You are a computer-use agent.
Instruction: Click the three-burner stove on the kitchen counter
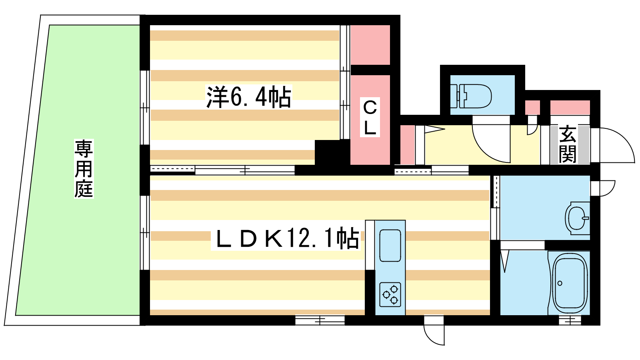(x=390, y=294)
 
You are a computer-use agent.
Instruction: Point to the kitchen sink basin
(x=390, y=246)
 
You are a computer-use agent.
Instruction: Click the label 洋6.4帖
(x=248, y=97)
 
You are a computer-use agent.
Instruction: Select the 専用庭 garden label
(x=84, y=168)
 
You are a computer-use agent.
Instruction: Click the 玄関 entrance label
(x=568, y=144)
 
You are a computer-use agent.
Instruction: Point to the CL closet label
(x=370, y=118)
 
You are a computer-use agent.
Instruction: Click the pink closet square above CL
(x=370, y=45)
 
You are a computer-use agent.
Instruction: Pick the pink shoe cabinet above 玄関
(x=570, y=108)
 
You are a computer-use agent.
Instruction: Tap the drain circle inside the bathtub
(x=560, y=284)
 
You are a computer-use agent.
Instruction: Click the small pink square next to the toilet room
(x=532, y=108)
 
